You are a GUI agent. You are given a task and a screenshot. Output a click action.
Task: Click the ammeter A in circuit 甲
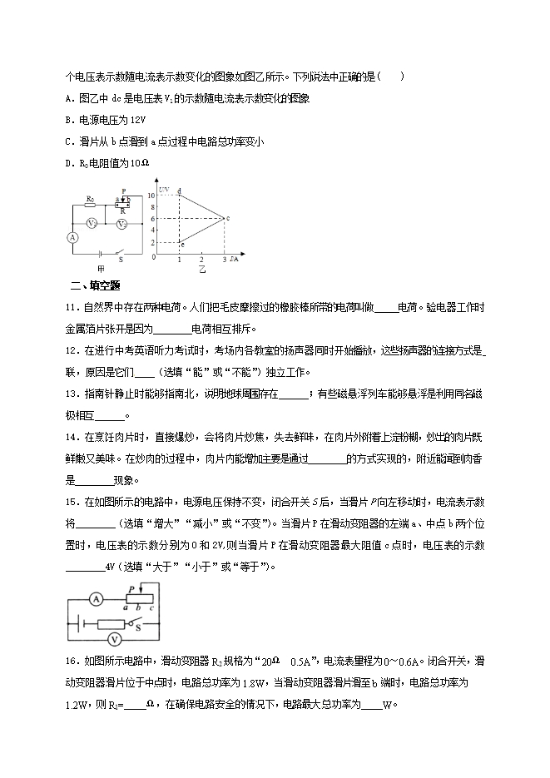click(x=72, y=237)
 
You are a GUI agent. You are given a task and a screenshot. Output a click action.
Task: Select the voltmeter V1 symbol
click(x=93, y=224)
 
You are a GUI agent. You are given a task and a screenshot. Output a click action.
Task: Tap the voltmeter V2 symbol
click(x=121, y=224)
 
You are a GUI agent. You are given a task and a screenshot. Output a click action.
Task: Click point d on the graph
click(x=180, y=192)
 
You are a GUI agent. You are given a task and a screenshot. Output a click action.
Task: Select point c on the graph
click(x=227, y=218)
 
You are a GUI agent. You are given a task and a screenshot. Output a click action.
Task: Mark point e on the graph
click(x=181, y=245)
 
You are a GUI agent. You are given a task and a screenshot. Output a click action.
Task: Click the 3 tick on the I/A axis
click(x=224, y=260)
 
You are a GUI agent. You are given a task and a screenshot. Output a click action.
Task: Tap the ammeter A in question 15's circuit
click(x=96, y=598)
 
